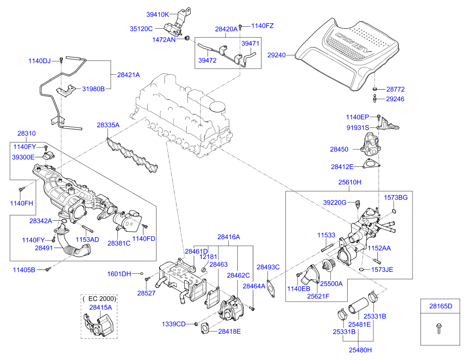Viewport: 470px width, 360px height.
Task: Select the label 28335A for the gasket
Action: [x=108, y=126]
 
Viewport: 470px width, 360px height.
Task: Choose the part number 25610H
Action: [x=350, y=182]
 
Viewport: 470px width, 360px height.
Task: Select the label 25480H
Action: [x=360, y=350]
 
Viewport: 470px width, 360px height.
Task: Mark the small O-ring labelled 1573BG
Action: [x=394, y=211]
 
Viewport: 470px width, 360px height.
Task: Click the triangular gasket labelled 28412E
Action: [x=370, y=165]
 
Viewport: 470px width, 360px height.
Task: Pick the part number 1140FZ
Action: [x=262, y=25]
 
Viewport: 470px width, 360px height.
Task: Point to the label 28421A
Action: [x=129, y=75]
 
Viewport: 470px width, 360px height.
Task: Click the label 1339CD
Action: [x=173, y=324]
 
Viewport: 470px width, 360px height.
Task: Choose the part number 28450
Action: [x=340, y=148]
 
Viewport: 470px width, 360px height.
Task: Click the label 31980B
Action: [x=93, y=89]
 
